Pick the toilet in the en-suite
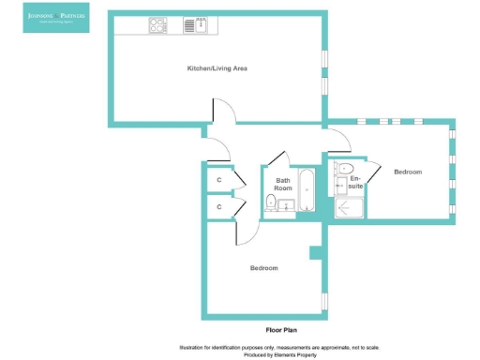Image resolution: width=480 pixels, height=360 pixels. [346, 169]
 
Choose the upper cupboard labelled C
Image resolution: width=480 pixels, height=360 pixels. [218, 178]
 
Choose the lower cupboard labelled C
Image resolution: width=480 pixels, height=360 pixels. [218, 206]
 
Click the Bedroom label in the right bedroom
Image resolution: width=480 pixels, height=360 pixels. [408, 172]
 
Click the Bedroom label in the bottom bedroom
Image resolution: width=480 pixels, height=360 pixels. [263, 269]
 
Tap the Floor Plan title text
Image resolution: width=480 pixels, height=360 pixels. [280, 330]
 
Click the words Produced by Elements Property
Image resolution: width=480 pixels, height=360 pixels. [280, 355]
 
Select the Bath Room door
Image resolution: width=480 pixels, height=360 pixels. [276, 159]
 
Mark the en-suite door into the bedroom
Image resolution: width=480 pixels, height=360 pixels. [374, 171]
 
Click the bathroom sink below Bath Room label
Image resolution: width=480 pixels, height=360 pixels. [288, 205]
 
